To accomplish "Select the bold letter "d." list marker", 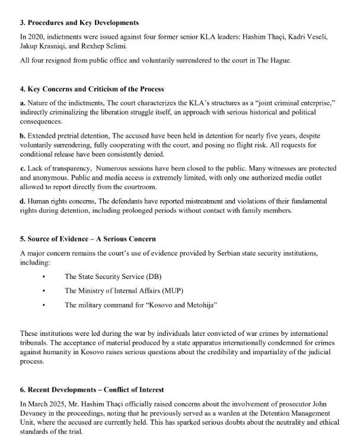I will [23, 201].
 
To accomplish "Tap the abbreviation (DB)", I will [154, 276].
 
